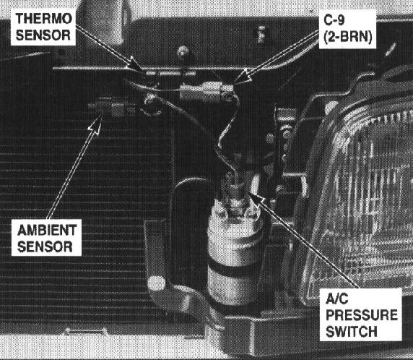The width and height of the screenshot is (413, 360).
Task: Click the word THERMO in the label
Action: pyautogui.click(x=44, y=19)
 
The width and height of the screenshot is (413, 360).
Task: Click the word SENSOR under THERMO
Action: pyautogui.click(x=43, y=35)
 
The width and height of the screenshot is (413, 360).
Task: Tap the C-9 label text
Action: pyautogui.click(x=334, y=20)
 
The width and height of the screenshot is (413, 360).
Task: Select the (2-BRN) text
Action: pyautogui.click(x=348, y=37)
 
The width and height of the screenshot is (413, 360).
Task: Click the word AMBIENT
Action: pyautogui.click(x=47, y=231)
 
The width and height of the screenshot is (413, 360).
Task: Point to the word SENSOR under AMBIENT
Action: pyautogui.click(x=45, y=247)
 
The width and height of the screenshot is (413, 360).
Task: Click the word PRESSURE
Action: pyautogui.click(x=362, y=315)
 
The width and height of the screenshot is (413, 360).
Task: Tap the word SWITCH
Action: pyautogui.click(x=352, y=332)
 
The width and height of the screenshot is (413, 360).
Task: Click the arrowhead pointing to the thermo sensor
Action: pyautogui.click(x=136, y=64)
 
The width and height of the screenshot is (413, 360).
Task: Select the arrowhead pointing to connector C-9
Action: pyautogui.click(x=242, y=77)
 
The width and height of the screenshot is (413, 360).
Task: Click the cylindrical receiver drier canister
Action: pyautogui.click(x=235, y=253)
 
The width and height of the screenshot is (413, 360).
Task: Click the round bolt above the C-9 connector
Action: pyautogui.click(x=183, y=51)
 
